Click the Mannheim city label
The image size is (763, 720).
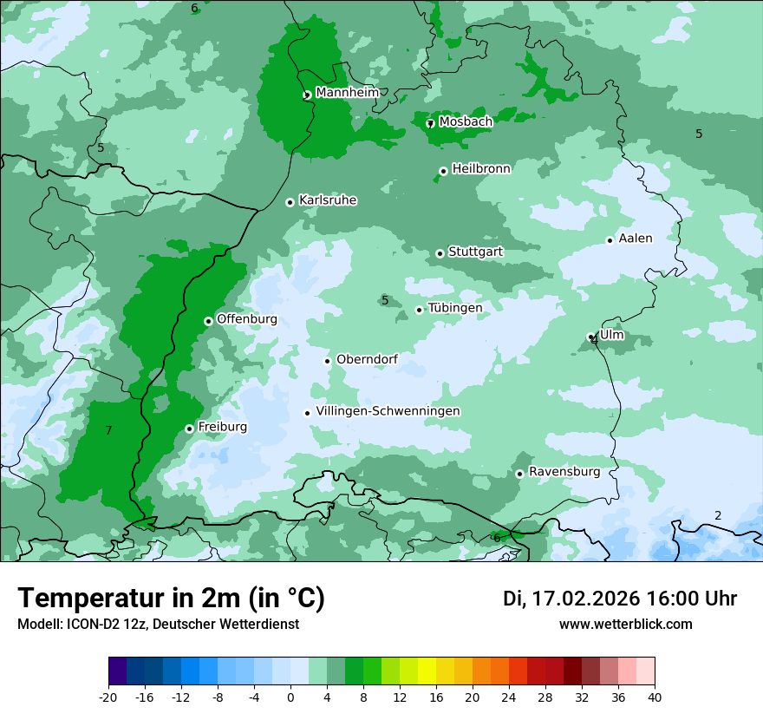347,93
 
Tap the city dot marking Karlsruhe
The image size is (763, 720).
290,202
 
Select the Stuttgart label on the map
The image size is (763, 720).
475,252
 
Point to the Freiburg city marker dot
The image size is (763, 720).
189,429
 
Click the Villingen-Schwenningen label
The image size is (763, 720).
388,411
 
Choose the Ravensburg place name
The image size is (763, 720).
564,472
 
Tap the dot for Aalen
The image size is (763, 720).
610,240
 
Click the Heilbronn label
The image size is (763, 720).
481,169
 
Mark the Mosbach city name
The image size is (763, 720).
466,122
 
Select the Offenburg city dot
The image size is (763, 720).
208,321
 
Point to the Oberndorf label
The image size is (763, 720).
367,359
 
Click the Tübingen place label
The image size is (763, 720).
455,308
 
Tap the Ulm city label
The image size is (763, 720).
611,335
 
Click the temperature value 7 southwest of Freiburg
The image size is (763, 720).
108,431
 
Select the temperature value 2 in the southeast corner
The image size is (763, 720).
717,516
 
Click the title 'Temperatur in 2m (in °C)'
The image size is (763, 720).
171,599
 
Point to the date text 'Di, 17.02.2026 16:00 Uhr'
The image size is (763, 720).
620,599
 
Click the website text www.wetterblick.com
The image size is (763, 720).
625,625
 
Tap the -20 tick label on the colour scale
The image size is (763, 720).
108,697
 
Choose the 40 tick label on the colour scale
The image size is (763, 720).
654,697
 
